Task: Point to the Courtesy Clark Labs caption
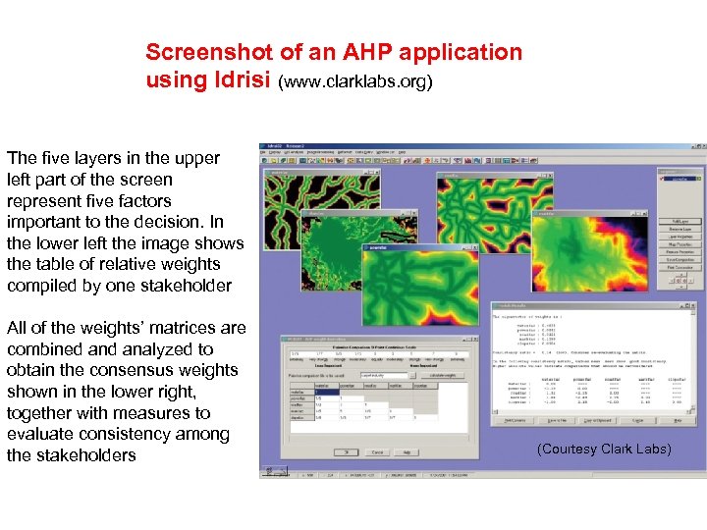604,449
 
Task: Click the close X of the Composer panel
698,169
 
